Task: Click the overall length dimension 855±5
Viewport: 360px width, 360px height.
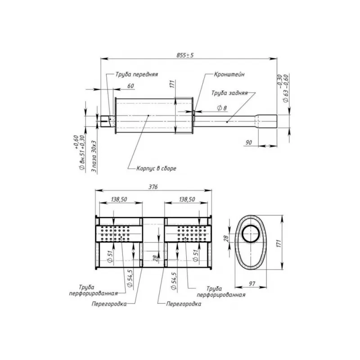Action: pos(185,55)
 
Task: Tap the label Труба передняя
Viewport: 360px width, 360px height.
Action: pos(137,74)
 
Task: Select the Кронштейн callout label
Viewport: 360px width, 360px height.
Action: pos(229,74)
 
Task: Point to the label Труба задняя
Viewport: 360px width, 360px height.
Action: pos(229,93)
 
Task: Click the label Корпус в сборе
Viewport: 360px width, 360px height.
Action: pos(156,168)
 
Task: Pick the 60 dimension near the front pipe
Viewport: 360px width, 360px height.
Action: pos(130,86)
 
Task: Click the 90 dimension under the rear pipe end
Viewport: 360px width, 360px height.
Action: pos(249,143)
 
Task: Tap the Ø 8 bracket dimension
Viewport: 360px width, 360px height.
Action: pos(222,108)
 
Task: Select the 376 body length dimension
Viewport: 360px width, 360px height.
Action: pos(153,187)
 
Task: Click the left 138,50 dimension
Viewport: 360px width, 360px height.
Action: pos(119,199)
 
